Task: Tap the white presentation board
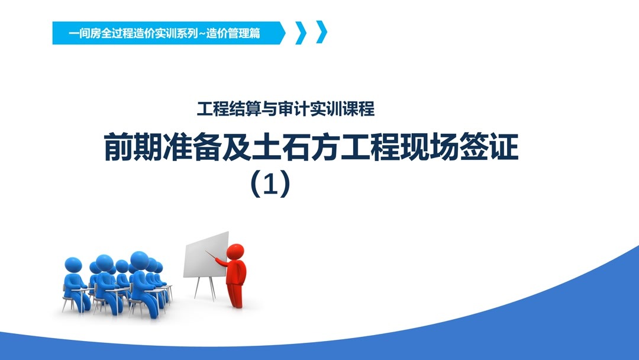click(206, 254)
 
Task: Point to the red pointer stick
click(214, 255)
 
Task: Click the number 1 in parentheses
click(270, 184)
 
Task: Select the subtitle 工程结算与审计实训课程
click(286, 110)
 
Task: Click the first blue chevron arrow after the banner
click(300, 33)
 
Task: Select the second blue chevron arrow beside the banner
click(321, 33)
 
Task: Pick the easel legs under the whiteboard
click(205, 288)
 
